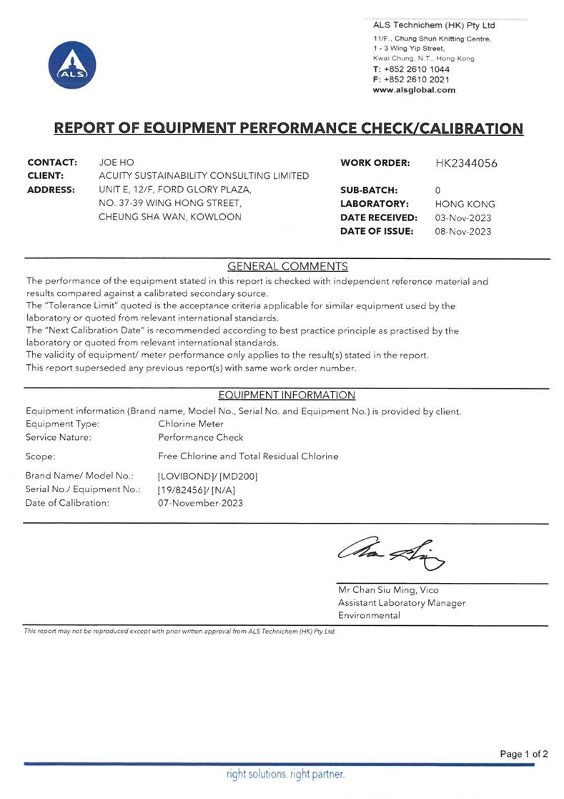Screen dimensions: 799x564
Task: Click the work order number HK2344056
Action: [466, 163]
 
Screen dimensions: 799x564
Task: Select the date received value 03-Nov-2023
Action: [463, 217]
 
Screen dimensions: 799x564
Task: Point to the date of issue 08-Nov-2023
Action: [463, 231]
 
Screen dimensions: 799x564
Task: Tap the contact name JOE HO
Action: [116, 162]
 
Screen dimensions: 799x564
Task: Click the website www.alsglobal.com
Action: [414, 90]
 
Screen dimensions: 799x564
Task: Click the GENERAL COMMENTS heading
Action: [287, 267]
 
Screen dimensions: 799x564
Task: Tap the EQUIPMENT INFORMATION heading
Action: [287, 395]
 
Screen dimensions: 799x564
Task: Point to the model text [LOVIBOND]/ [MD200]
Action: [207, 476]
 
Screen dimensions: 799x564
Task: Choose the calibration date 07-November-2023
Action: [200, 503]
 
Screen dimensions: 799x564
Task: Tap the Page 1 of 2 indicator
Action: [524, 754]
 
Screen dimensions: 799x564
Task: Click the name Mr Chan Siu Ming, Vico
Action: [389, 590]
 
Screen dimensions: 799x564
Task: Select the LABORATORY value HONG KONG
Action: [465, 204]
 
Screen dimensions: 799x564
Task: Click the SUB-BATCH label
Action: [369, 190]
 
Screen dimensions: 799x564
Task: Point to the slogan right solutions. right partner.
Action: [286, 774]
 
